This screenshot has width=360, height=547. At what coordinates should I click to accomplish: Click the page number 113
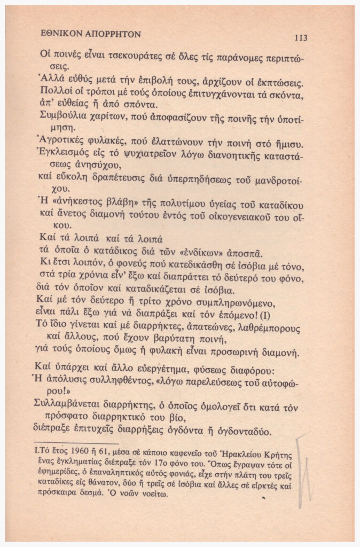pyautogui.click(x=300, y=37)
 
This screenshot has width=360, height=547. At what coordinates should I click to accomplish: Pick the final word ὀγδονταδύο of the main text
pyautogui.click(x=245, y=432)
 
